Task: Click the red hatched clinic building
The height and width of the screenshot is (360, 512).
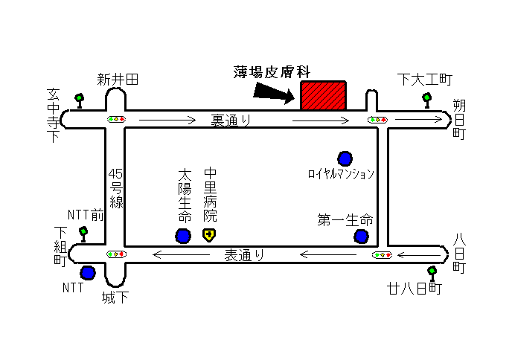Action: coord(323,96)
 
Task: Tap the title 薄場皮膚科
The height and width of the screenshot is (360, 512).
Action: coord(272,72)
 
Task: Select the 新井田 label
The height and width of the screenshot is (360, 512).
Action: coord(118,80)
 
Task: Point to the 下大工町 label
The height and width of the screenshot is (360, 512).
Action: coord(425,80)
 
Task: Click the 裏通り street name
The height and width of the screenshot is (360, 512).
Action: coord(231,120)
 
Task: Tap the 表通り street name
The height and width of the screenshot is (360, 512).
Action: coord(244,255)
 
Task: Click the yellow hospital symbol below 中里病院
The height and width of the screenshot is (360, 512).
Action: coord(209,235)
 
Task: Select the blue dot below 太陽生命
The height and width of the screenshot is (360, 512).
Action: coord(183,236)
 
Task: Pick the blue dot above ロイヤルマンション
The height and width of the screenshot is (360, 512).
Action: coord(345,159)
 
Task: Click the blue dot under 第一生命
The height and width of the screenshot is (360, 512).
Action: coord(361,237)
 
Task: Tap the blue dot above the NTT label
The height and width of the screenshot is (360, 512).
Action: coord(88,272)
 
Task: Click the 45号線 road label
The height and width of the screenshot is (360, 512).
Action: coord(116,188)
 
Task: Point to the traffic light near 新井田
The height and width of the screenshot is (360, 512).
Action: coord(116,120)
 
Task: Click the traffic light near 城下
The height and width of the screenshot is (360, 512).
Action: coord(116,254)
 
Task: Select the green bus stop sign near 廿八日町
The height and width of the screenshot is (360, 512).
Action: coord(432,274)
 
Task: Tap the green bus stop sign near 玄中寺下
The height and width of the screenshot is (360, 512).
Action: coord(80,101)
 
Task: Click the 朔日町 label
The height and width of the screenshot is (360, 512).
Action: coord(459,119)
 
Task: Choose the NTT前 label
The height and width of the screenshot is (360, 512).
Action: coord(86,215)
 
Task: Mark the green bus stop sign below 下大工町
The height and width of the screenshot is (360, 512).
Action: coord(426,100)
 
